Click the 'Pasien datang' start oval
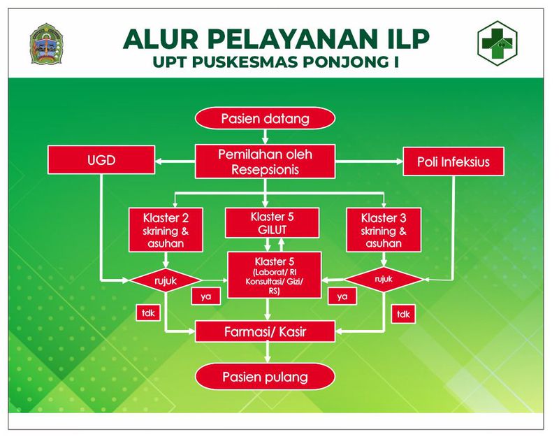265,118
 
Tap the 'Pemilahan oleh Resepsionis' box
265,162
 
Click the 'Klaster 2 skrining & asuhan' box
166,229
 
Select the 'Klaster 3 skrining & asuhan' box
382,229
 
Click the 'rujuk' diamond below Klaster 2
166,280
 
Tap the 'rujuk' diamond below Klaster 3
384,280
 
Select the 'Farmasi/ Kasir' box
265,329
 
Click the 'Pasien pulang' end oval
265,377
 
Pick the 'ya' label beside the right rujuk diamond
342,296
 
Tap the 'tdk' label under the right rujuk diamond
403,315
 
